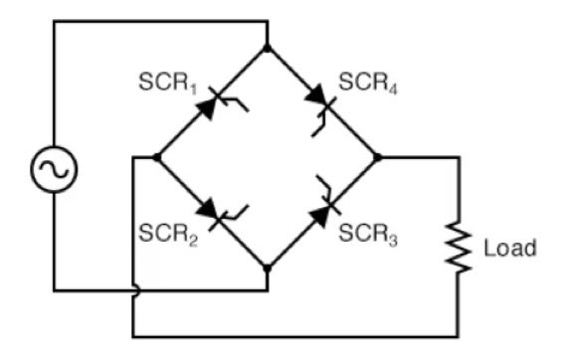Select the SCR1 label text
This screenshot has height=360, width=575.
pyautogui.click(x=165, y=80)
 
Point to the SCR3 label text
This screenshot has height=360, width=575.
pyautogui.click(x=368, y=236)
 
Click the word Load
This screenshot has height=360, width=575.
pyautogui.click(x=509, y=248)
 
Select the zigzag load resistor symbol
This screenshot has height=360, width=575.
pyautogui.click(x=460, y=248)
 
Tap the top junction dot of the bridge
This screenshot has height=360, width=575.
pyautogui.click(x=268, y=48)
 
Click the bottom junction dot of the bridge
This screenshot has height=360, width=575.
pyautogui.click(x=268, y=268)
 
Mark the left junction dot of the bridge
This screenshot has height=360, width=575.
pyautogui.click(x=157, y=157)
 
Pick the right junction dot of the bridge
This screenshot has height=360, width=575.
pyautogui.click(x=377, y=157)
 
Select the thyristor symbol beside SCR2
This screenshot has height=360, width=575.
pyautogui.click(x=211, y=211)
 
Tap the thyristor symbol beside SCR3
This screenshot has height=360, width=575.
pyautogui.click(x=323, y=211)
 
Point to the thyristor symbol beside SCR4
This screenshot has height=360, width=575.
pyautogui.click(x=320, y=101)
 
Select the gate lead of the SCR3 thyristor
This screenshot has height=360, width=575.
pyautogui.click(x=321, y=184)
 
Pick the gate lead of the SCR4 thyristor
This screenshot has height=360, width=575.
pyautogui.click(x=320, y=124)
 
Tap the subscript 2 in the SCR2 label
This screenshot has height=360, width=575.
pyautogui.click(x=185, y=241)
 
